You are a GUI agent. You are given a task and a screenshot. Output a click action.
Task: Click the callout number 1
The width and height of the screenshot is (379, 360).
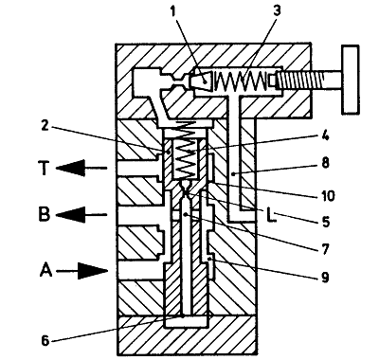click(x=172, y=11)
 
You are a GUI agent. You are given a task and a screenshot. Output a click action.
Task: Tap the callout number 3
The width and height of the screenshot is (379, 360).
click(x=277, y=10)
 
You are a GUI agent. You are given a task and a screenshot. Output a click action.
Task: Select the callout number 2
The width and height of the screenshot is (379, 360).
click(x=45, y=126)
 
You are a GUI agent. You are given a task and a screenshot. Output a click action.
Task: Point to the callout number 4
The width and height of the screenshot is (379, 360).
click(x=325, y=135)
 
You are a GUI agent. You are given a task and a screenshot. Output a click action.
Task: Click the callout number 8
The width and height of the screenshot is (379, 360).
click(x=325, y=163)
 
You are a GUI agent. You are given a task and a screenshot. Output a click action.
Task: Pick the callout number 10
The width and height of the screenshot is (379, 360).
click(x=327, y=196)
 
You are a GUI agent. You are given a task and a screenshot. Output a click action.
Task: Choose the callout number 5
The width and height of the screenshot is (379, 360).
click(x=325, y=221)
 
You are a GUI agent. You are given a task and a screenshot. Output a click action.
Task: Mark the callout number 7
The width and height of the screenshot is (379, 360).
click(x=325, y=248)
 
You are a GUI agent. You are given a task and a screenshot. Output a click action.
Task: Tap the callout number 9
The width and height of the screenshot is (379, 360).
click(x=325, y=277)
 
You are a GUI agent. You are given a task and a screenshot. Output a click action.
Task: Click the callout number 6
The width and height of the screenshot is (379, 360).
click(x=45, y=340)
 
